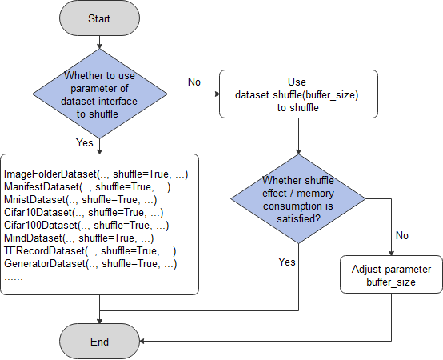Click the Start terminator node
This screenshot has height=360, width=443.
coord(100,18)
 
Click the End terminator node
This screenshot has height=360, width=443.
coord(100,342)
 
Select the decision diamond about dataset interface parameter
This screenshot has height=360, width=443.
coord(100,94)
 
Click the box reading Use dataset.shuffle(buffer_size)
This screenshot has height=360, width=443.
coord(297,94)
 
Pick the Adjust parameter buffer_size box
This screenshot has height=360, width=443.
coord(392,275)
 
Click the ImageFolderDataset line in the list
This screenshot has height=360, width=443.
coord(96,174)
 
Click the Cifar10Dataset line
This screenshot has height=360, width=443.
coord(83,212)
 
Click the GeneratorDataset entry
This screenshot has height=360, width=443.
coord(90,263)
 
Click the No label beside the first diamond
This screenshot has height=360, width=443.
coord(194,82)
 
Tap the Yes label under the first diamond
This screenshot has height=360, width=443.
coord(84,143)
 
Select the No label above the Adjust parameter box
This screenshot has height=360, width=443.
coord(401,236)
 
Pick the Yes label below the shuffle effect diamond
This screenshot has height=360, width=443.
coord(286,262)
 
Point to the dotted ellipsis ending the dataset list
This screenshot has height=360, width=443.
coord(14,277)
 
